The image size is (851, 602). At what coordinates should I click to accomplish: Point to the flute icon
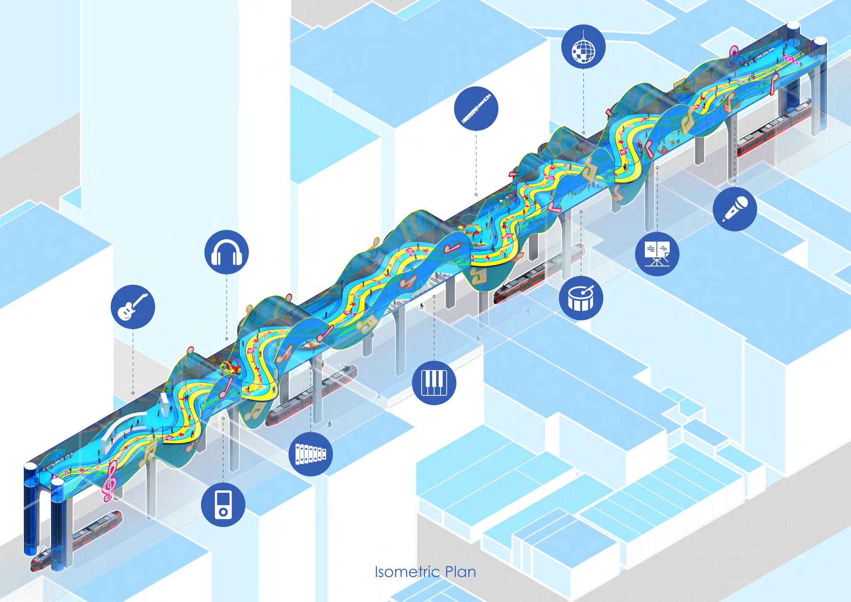click(x=476, y=108)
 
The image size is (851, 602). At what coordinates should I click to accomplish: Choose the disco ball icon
click(x=583, y=46)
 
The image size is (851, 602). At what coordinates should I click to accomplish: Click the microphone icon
click(x=735, y=208)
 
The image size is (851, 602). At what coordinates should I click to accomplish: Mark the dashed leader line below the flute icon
click(x=476, y=161)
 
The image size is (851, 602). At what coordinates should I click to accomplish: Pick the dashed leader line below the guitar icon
click(x=133, y=360)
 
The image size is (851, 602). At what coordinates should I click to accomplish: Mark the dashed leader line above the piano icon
click(x=434, y=327)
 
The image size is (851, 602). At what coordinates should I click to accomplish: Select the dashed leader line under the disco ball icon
click(x=583, y=99)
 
